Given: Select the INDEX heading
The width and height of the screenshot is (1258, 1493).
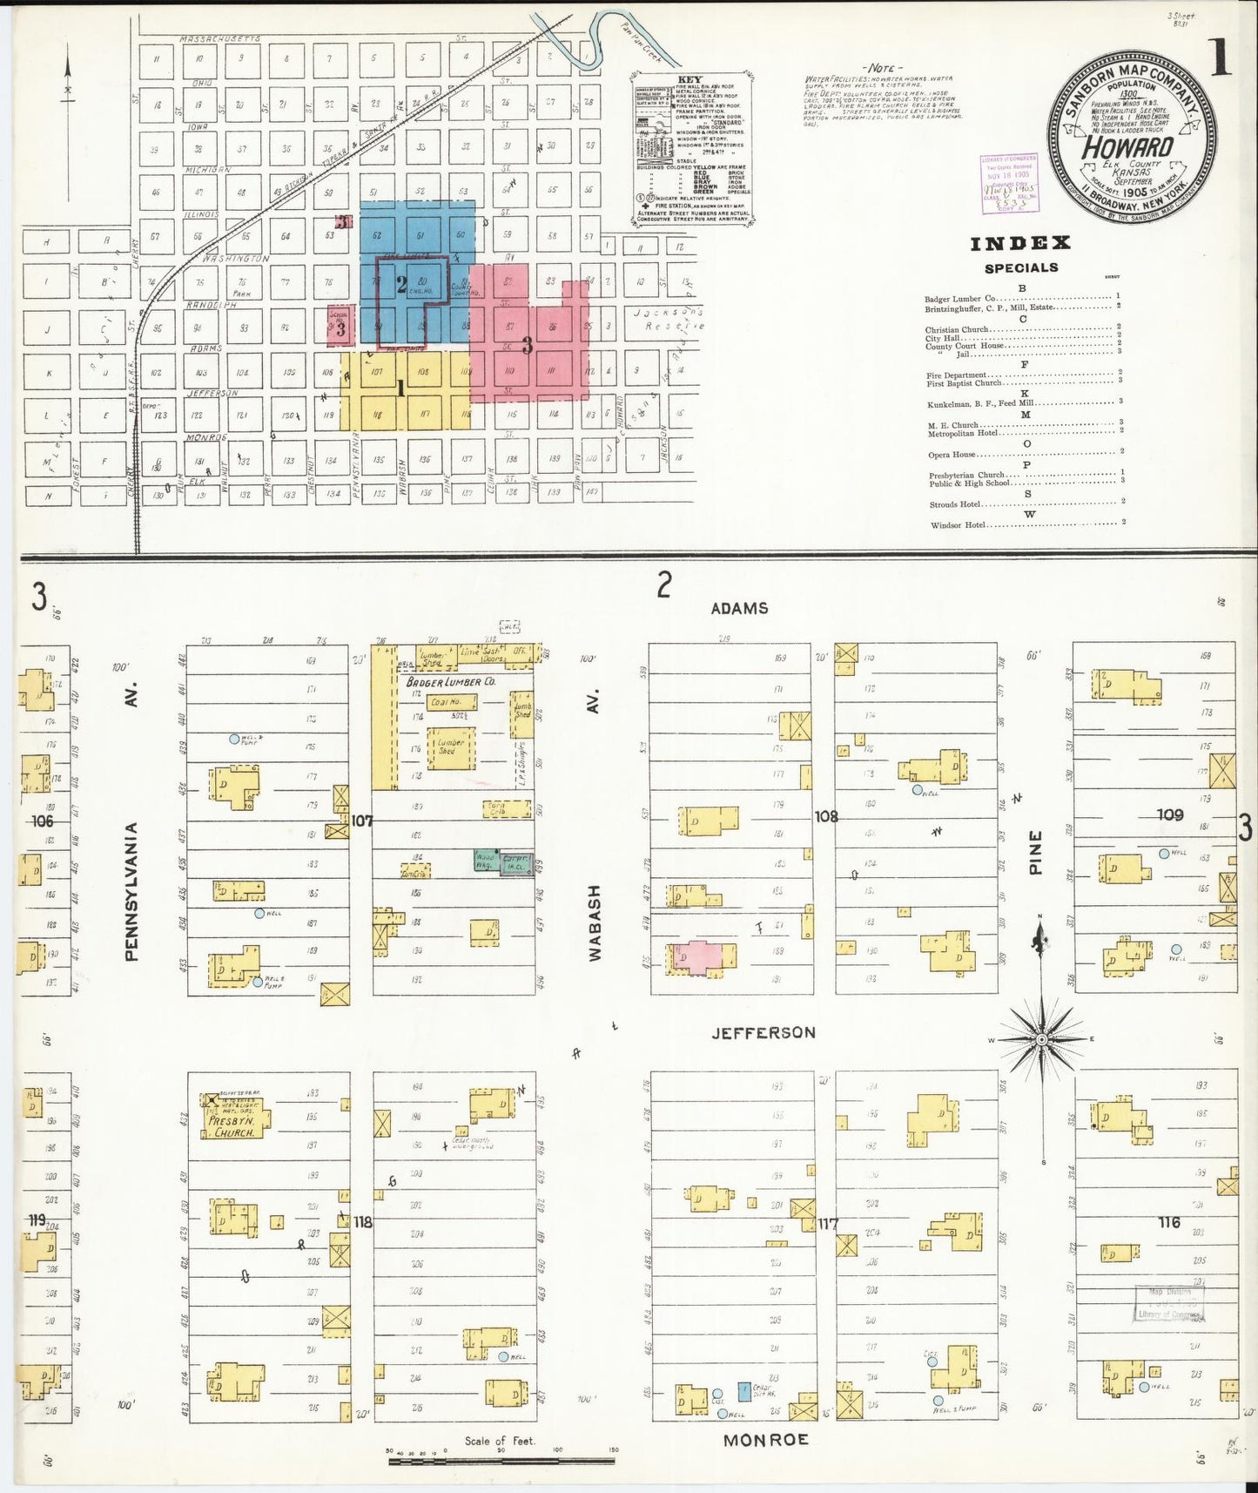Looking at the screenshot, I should click(x=1020, y=244).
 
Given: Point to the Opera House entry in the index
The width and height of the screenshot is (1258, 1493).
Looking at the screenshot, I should click(x=952, y=454).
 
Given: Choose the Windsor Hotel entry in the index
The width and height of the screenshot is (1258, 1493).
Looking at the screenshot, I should click(x=959, y=525).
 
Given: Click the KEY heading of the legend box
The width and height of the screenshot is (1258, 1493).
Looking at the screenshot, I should click(x=690, y=79).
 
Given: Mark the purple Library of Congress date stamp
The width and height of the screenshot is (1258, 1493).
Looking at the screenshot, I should click(x=1009, y=184).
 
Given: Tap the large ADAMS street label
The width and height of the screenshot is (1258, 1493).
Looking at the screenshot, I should click(x=739, y=608).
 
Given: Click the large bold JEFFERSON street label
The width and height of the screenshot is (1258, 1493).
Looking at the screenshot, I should click(x=764, y=1032).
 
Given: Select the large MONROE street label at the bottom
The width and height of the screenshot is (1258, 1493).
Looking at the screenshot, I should click(x=766, y=1440).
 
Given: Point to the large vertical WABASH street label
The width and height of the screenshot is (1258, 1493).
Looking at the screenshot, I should click(x=595, y=922).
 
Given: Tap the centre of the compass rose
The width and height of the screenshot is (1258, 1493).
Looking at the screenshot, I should click(x=1041, y=1039).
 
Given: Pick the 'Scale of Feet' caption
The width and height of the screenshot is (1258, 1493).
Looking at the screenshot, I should click(x=500, y=1441).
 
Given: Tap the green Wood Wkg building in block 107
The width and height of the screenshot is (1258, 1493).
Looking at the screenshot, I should click(x=484, y=860).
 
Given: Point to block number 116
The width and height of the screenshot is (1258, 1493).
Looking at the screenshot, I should click(x=1168, y=1222).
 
